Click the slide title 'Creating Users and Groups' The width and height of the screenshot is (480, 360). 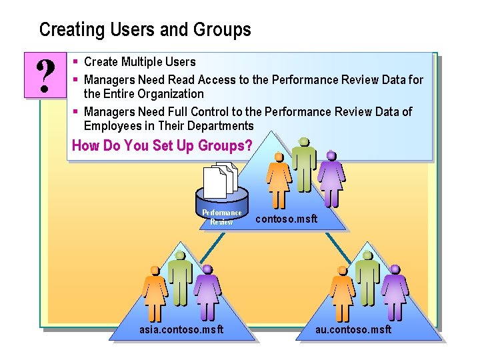pos(145,30)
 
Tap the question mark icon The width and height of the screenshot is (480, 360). pos(45,76)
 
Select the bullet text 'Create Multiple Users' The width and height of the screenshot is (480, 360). pos(139,62)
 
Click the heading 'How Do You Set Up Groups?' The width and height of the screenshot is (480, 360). pos(162,145)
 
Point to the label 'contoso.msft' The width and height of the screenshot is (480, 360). pos(287,219)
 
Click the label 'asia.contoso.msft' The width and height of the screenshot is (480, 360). pos(181,329)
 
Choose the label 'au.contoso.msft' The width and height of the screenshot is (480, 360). pos(353,329)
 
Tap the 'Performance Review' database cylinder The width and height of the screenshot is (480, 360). pos(221,207)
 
